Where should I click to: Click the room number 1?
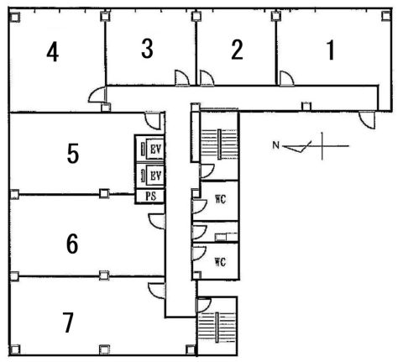[x=331, y=50]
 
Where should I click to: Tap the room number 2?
[x=237, y=50]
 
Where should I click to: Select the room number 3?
[x=147, y=49]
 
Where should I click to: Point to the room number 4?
[x=53, y=52]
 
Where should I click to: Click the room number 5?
[x=73, y=153]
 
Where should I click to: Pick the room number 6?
[x=72, y=244]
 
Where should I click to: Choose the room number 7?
[x=68, y=323]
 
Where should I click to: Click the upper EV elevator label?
[x=156, y=150]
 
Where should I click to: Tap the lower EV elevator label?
[x=156, y=176]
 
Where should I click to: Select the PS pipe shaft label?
[x=151, y=196]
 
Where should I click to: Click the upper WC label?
[x=221, y=199]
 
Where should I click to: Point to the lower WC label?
[x=220, y=262]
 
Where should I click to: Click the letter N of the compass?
[x=276, y=145]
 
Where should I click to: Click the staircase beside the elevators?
[x=219, y=144]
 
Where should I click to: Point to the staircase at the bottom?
[x=217, y=328]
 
